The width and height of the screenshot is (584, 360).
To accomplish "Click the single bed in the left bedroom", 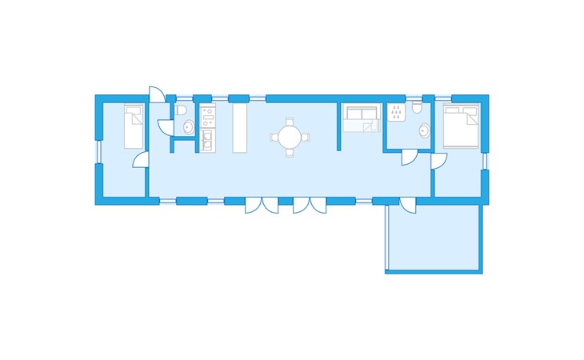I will click(133, 128).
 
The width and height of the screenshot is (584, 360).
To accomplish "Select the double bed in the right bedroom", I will click(461, 126).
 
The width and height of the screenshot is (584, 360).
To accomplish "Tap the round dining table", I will click(289, 137).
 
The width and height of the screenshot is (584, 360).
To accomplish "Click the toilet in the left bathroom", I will click(182, 110).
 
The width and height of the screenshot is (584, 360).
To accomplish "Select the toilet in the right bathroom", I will click(418, 110).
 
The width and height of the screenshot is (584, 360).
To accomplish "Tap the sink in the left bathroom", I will click(188, 126).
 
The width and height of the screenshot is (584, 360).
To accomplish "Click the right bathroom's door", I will click(408, 156).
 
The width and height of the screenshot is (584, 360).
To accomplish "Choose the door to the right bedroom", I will click(438, 161).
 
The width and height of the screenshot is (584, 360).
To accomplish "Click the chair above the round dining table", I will click(289, 122).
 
